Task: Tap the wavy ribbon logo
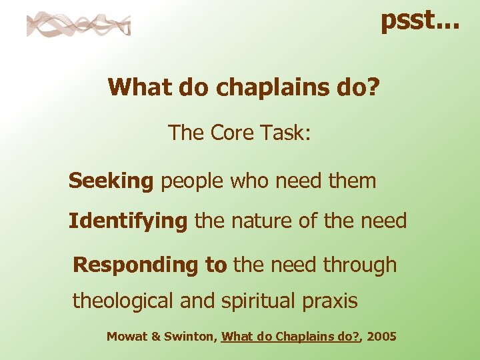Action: (79, 25)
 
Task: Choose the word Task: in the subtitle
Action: (285, 133)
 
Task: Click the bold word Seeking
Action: (111, 181)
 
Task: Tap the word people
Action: (193, 181)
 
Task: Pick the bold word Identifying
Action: (128, 221)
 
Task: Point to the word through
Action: (360, 265)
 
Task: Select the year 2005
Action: (381, 337)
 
